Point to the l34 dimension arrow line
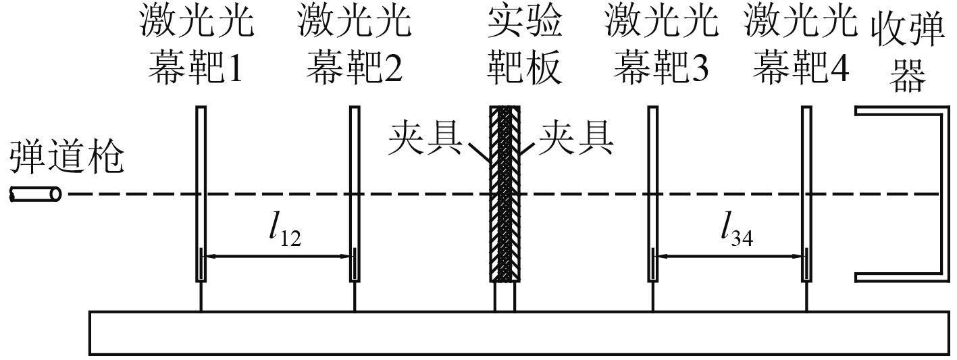[x=729, y=256]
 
